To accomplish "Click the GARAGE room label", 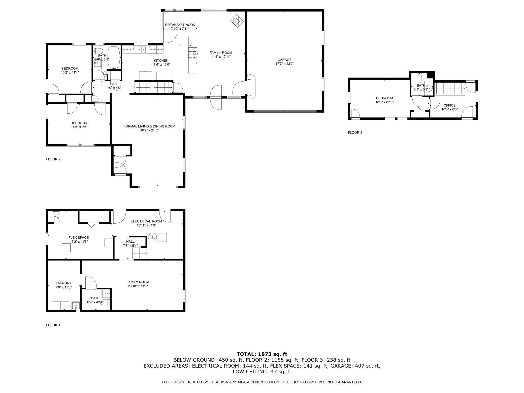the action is pyautogui.click(x=284, y=60).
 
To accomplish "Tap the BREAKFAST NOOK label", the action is pyautogui.click(x=180, y=25).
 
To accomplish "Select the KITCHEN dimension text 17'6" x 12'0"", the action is pyautogui.click(x=161, y=64).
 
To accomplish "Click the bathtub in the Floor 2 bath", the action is pyautogui.click(x=114, y=58).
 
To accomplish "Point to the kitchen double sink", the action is pyautogui.click(x=142, y=50).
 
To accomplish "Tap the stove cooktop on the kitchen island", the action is pyautogui.click(x=192, y=53).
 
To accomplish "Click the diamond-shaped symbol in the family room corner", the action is pyautogui.click(x=237, y=20).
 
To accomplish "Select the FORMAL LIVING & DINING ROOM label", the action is pyautogui.click(x=149, y=126).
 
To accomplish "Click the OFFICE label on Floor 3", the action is pyautogui.click(x=449, y=105).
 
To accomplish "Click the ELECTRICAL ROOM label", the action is pyautogui.click(x=146, y=221).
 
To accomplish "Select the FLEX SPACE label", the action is pyautogui.click(x=79, y=237).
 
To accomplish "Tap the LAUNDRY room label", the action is pyautogui.click(x=63, y=283).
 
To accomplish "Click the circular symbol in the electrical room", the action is pyautogui.click(x=152, y=237).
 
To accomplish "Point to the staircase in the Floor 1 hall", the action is pyautogui.click(x=140, y=253).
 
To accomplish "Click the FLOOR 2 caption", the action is pyautogui.click(x=53, y=159).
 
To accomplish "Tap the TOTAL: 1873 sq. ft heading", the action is pyautogui.click(x=262, y=354).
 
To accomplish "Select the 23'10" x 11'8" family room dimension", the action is pyautogui.click(x=138, y=286).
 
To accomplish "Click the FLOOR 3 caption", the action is pyautogui.click(x=355, y=133).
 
